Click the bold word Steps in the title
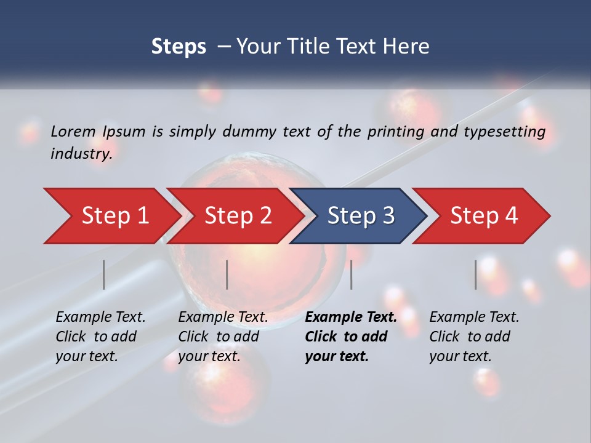179,47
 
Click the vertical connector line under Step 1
104,274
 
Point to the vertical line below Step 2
227,274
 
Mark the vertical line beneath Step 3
352,274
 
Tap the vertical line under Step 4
476,274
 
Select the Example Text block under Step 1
100,337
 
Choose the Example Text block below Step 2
223,337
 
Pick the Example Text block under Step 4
474,337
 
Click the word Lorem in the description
73,131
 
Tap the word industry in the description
81,154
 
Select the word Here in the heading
408,47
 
